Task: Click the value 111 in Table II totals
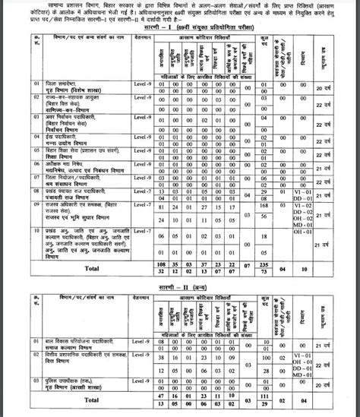point(264,396)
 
